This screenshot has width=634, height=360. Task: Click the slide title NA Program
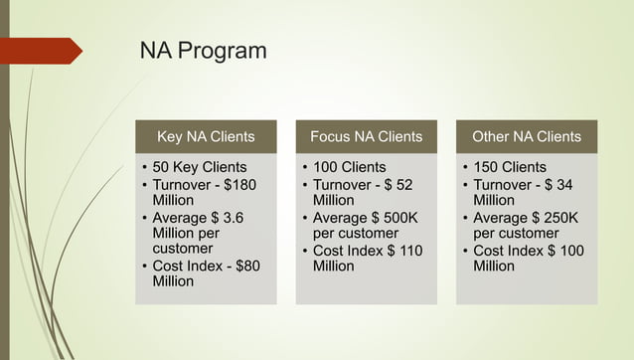click(202, 51)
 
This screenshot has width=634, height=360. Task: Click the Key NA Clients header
click(206, 136)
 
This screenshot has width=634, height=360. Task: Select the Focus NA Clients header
click(366, 136)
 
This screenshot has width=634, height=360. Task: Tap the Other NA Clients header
click(526, 136)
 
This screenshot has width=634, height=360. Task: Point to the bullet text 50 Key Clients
click(200, 167)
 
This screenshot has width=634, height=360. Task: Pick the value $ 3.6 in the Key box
click(227, 218)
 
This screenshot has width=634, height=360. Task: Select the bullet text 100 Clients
click(349, 167)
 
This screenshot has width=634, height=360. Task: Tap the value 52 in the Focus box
click(402, 185)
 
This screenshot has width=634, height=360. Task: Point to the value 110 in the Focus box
click(409, 251)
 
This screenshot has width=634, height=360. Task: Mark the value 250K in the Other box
click(557, 218)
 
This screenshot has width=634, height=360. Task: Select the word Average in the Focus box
click(341, 218)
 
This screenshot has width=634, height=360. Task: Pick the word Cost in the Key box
click(169, 266)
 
